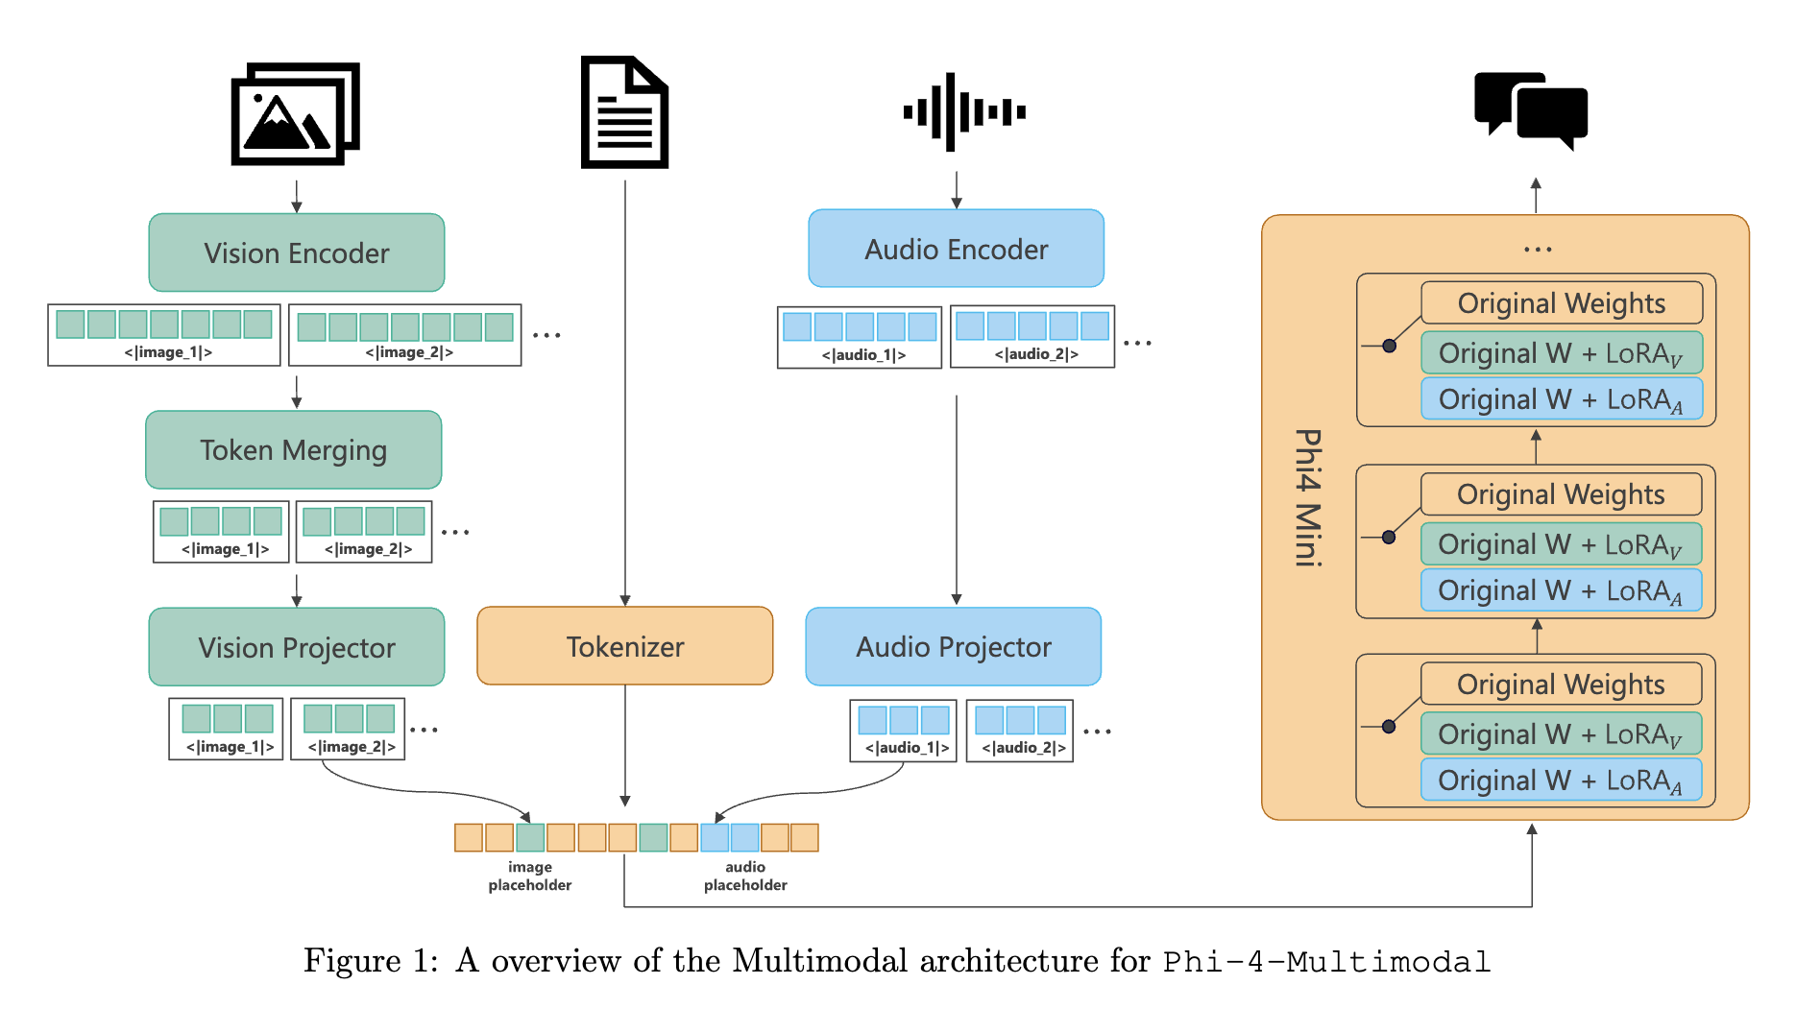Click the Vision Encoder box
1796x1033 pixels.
click(x=297, y=252)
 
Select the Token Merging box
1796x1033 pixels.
click(x=294, y=450)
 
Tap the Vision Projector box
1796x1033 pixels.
click(x=297, y=647)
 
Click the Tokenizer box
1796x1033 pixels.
click(x=625, y=646)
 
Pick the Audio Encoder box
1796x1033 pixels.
click(x=957, y=249)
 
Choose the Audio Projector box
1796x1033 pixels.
click(x=954, y=647)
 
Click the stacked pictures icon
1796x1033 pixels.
click(x=295, y=113)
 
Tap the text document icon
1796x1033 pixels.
click(x=624, y=112)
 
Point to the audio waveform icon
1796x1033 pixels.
click(x=963, y=112)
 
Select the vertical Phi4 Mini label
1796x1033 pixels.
click(x=1308, y=497)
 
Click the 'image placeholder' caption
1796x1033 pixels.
click(x=530, y=877)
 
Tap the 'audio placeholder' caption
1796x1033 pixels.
click(x=745, y=877)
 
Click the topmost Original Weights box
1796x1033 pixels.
click(x=1562, y=303)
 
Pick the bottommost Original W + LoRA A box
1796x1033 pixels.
click(x=1561, y=781)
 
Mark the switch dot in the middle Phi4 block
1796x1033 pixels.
click(x=1389, y=538)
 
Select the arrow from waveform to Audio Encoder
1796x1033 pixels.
click(x=957, y=190)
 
